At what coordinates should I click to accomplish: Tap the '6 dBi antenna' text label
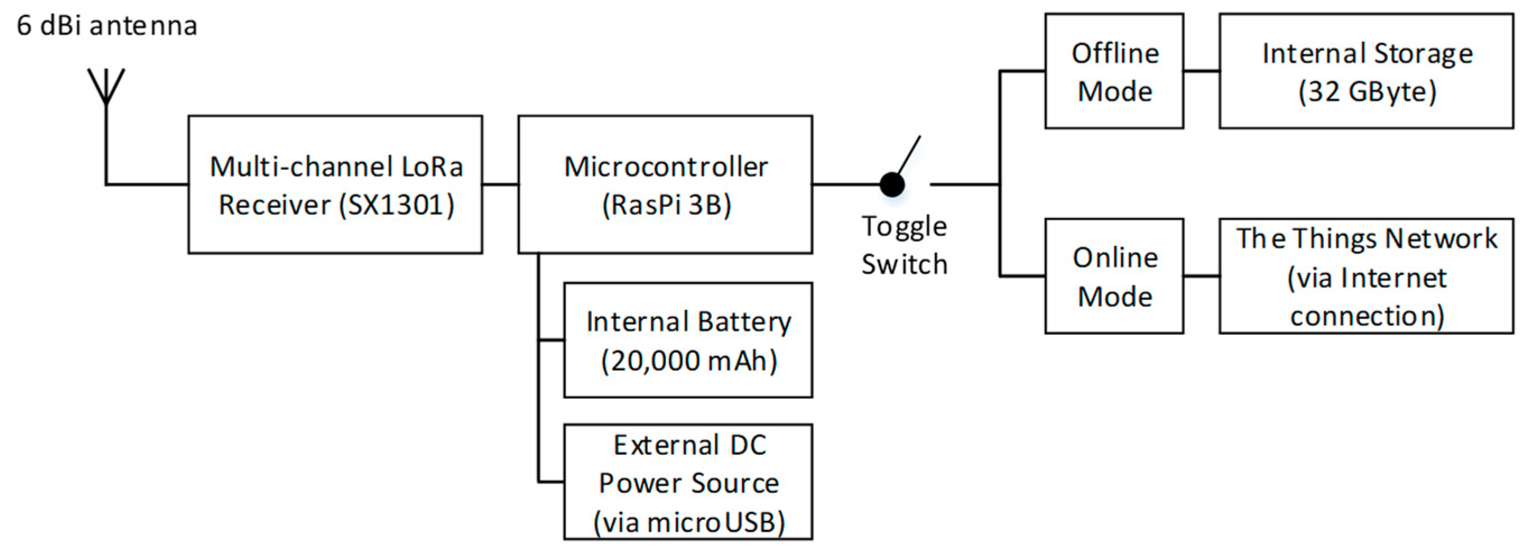[x=107, y=26]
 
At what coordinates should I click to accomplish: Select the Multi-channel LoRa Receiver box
[x=335, y=184]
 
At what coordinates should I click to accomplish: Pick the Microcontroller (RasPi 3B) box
[x=665, y=184]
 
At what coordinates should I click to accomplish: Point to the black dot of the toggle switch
[x=892, y=184]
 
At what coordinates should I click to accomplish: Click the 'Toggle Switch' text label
[x=904, y=245]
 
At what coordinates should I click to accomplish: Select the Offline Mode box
[x=1114, y=71]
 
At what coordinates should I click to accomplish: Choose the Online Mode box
[x=1114, y=276]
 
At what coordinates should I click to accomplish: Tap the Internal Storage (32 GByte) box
[x=1366, y=71]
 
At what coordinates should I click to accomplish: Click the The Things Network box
[x=1366, y=276]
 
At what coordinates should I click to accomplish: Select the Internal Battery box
[x=688, y=340]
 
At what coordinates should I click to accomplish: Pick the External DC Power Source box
[x=688, y=482]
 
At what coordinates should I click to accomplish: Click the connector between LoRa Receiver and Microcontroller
[x=501, y=184]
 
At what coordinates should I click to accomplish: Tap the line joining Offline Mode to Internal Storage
[x=1201, y=71]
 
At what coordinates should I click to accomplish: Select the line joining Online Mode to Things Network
[x=1201, y=276]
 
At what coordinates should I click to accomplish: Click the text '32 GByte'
[x=1367, y=92]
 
